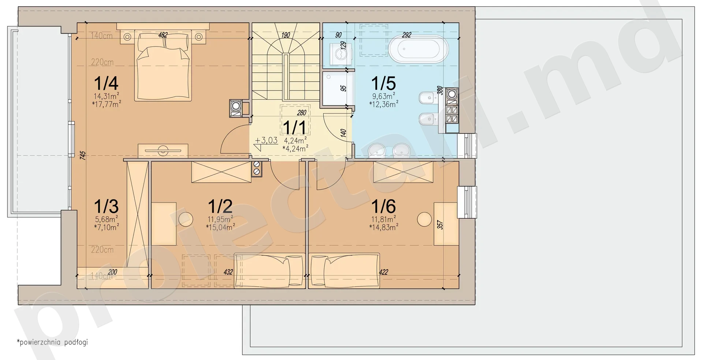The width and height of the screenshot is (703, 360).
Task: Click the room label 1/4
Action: tap(106, 83)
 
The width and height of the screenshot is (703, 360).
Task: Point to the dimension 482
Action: tap(163, 35)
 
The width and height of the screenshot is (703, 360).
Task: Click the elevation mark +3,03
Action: tap(266, 140)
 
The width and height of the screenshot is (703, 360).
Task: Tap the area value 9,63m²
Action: tap(384, 97)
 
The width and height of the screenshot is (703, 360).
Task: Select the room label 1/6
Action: tap(383, 206)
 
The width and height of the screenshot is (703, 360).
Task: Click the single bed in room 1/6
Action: tap(344, 270)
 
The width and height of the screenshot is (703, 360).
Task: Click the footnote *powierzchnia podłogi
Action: tap(52, 343)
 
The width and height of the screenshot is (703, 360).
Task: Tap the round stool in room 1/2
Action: tap(186, 219)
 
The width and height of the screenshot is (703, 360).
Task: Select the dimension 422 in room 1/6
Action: tap(383, 272)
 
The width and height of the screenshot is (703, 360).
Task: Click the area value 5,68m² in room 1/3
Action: tap(106, 220)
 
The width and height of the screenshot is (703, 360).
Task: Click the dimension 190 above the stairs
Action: tap(286, 35)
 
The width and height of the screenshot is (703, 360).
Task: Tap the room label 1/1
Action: tap(295, 128)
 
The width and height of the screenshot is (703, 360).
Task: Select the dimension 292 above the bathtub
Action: tap(406, 35)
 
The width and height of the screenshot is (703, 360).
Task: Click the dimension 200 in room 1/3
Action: tap(112, 272)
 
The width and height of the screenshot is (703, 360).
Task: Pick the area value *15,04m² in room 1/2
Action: tap(220, 227)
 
